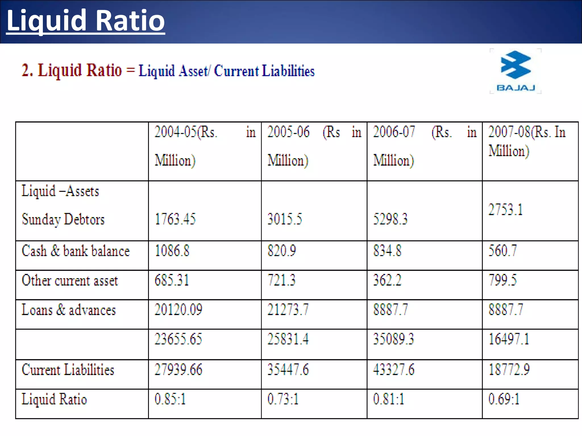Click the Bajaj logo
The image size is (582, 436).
pos(516,71)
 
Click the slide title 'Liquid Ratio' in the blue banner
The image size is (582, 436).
pos(85,20)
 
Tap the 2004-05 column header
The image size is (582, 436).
pos(205,146)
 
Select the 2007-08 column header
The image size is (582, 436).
pos(527,141)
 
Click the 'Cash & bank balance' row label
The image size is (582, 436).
pos(76,251)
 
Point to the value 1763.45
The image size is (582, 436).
pos(175,219)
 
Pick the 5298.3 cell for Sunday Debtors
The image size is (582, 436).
pos(390,219)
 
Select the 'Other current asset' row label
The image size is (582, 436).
pos(70,280)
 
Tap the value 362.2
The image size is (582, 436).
pos(387,280)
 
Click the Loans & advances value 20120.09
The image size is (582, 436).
pos(178,310)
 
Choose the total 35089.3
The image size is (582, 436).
pos(393,339)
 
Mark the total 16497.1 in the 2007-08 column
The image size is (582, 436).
pos(509,339)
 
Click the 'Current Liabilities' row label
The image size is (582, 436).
pos(68,370)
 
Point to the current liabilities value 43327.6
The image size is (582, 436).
pos(394,370)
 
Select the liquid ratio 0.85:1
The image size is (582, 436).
pos(170,399)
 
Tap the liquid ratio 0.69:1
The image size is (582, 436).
pos(504,399)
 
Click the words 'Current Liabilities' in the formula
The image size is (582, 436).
pos(264,71)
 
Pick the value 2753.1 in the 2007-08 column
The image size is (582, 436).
pos(506,210)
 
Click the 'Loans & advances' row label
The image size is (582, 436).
pos(69,310)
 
